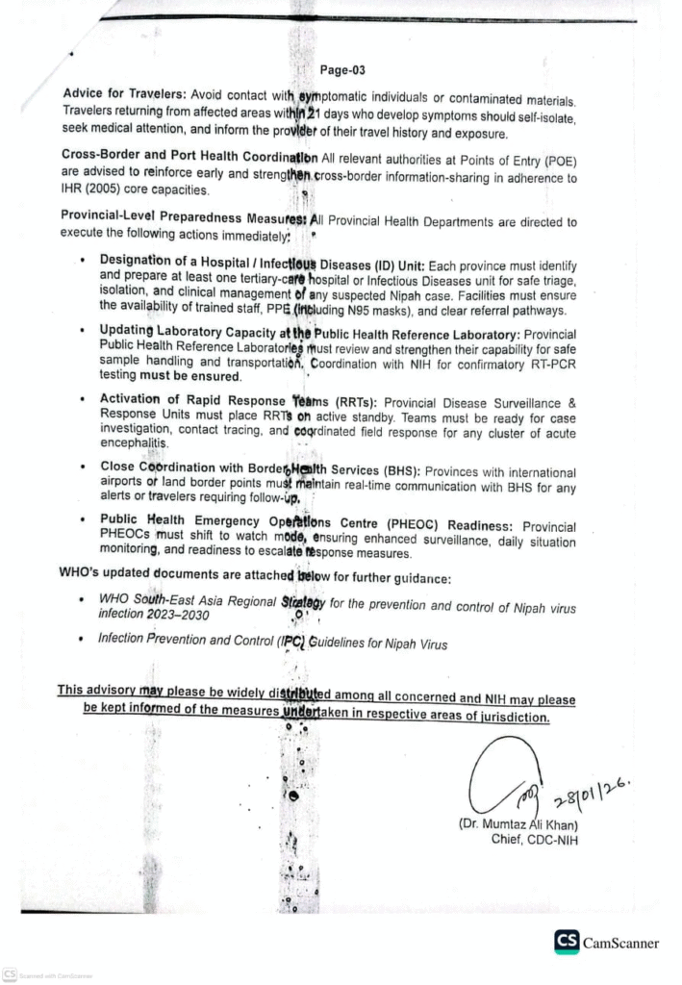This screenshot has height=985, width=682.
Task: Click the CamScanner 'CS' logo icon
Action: (567, 942)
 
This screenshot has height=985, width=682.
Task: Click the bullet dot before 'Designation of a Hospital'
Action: (84, 260)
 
